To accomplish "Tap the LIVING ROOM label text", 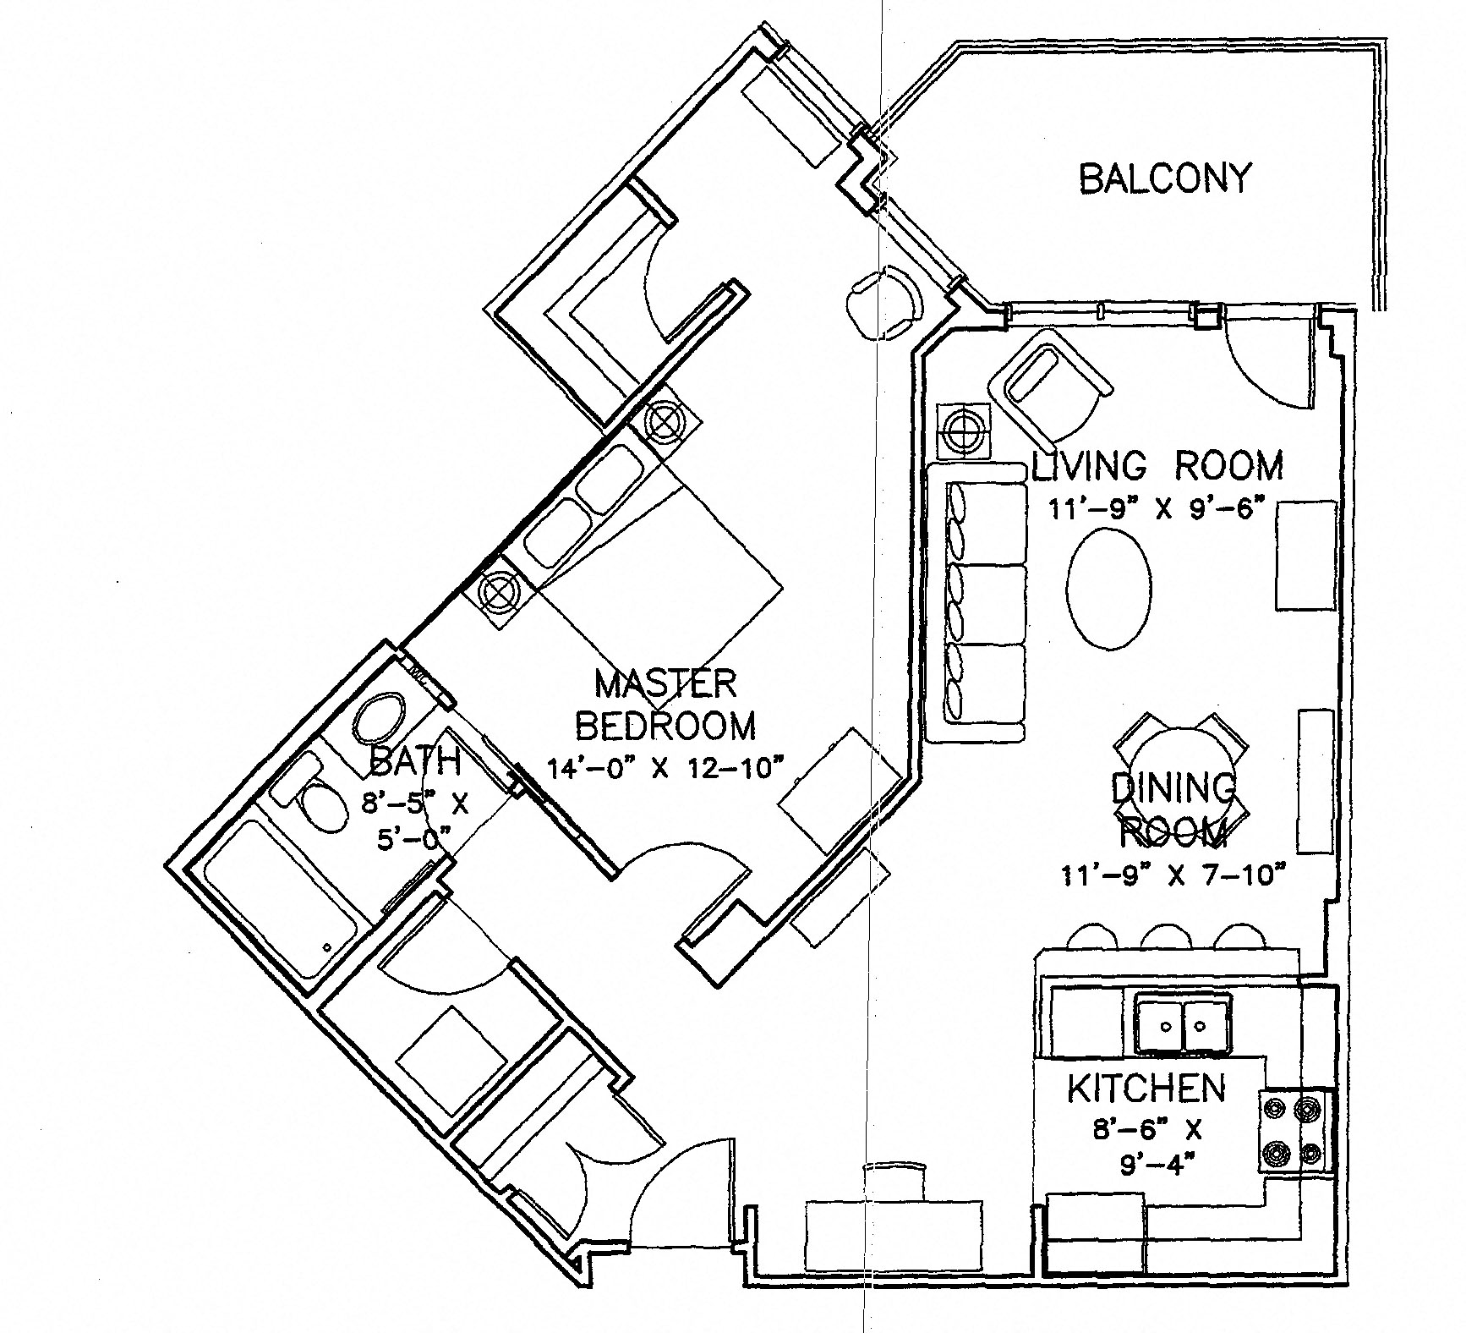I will click(x=1157, y=467).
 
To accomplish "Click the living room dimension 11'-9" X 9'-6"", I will click(x=1156, y=509).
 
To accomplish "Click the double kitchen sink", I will click(x=1182, y=1025).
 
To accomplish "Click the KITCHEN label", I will click(x=1146, y=1089).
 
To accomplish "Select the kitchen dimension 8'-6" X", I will click(x=1146, y=1129).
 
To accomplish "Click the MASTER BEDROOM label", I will click(x=665, y=704).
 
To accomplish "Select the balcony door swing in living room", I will click(x=1268, y=359).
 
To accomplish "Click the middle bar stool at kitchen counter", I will click(x=1168, y=937).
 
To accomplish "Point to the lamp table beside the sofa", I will click(x=964, y=431).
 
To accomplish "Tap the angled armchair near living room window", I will click(x=1048, y=376).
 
